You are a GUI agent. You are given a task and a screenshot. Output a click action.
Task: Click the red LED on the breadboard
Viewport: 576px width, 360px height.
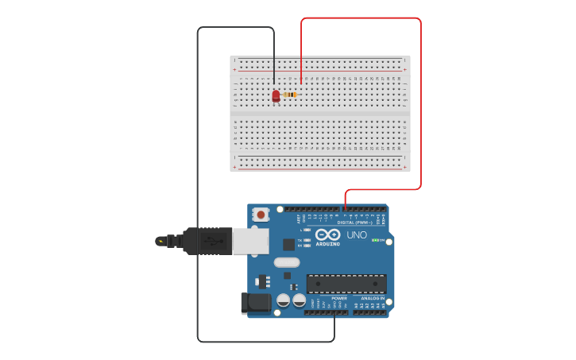pos(276,95)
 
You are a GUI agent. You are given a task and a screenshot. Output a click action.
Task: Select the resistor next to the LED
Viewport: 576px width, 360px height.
pos(291,95)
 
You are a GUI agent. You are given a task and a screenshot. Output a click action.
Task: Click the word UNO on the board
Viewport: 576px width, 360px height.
pos(357,235)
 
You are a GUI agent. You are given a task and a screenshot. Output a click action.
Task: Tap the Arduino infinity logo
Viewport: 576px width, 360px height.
pos(327,234)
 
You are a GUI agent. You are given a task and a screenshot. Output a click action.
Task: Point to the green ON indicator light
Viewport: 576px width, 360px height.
pos(377,240)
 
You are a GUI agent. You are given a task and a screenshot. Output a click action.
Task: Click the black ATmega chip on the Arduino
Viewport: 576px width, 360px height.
pos(346,284)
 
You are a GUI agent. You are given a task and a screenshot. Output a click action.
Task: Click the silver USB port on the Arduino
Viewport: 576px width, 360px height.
pos(249,241)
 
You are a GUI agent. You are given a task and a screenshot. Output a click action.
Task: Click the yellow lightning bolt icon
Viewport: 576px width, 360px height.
pos(161,241)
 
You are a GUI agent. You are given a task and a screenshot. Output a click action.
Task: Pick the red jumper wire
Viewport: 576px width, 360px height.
pos(420,103)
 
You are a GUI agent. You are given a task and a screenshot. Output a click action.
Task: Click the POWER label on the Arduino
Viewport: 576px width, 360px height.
pos(328,299)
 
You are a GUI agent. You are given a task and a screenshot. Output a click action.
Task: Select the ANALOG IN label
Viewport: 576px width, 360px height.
pos(373,299)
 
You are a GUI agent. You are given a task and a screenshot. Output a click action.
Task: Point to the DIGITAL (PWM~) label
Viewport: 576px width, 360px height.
pos(354,223)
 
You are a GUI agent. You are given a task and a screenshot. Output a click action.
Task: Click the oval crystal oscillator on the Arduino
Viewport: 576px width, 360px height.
pos(287,262)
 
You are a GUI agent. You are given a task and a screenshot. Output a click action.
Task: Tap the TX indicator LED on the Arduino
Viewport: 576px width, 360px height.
pos(307,240)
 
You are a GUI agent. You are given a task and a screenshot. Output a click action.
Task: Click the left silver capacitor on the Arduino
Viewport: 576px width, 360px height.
pos(283,300)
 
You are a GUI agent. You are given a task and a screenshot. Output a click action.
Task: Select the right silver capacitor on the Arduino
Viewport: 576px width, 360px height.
pos(299,300)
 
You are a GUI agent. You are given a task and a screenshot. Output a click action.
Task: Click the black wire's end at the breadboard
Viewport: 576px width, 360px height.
pos(274,83)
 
